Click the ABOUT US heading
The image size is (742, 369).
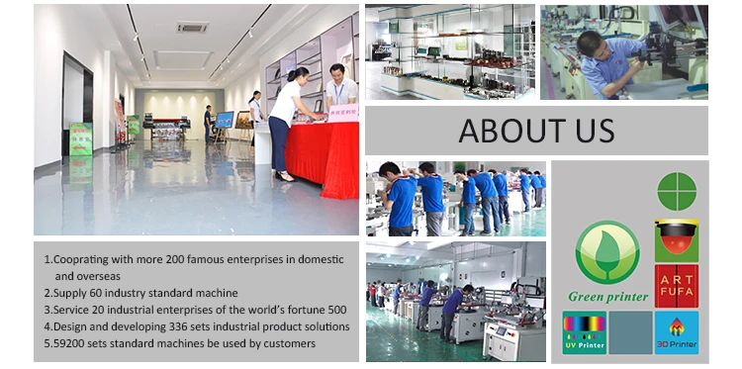click(x=536, y=131)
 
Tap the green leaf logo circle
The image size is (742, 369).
click(x=606, y=252)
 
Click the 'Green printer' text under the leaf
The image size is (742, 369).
click(x=606, y=296)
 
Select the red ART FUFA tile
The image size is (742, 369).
click(x=677, y=286)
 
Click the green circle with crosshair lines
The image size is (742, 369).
click(x=677, y=191)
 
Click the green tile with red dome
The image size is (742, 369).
click(x=677, y=238)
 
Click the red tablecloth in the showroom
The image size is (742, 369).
click(x=317, y=153)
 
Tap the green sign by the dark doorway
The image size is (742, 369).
click(x=81, y=138)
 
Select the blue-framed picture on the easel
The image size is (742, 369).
click(x=226, y=121)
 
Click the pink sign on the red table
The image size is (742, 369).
click(x=342, y=112)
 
